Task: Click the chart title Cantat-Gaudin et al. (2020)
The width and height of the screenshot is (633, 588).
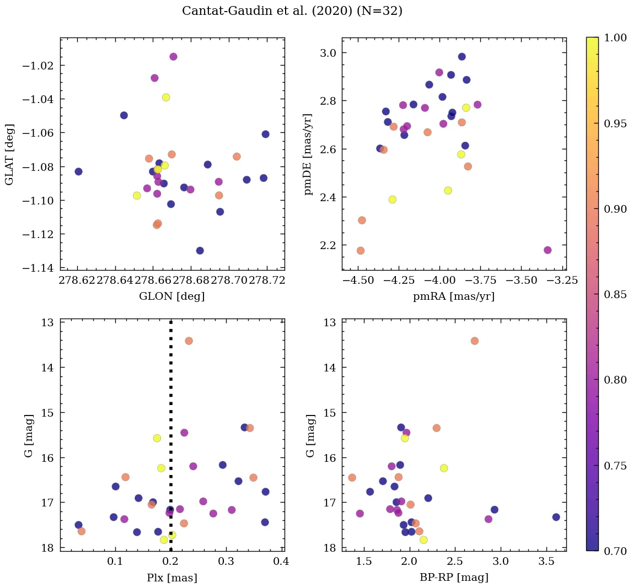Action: (292, 11)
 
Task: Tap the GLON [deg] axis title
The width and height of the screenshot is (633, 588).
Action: (172, 296)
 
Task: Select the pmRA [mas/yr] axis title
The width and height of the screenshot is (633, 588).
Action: (454, 296)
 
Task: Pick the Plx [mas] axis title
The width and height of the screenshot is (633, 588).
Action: (172, 578)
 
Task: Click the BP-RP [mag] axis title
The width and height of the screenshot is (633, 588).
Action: (454, 578)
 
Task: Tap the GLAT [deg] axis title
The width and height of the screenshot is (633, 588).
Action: (9, 154)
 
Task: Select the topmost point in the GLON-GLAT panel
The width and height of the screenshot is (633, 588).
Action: (173, 57)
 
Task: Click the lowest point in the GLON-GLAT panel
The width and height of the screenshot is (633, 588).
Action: (200, 251)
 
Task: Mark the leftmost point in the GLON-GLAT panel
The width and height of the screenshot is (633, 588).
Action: (78, 171)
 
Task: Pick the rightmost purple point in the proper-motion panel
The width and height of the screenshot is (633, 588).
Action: (548, 250)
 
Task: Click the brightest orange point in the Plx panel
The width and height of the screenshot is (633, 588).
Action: (189, 341)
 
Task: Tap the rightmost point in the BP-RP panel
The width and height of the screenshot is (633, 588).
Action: (556, 517)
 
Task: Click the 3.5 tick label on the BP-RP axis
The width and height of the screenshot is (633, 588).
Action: (546, 561)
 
